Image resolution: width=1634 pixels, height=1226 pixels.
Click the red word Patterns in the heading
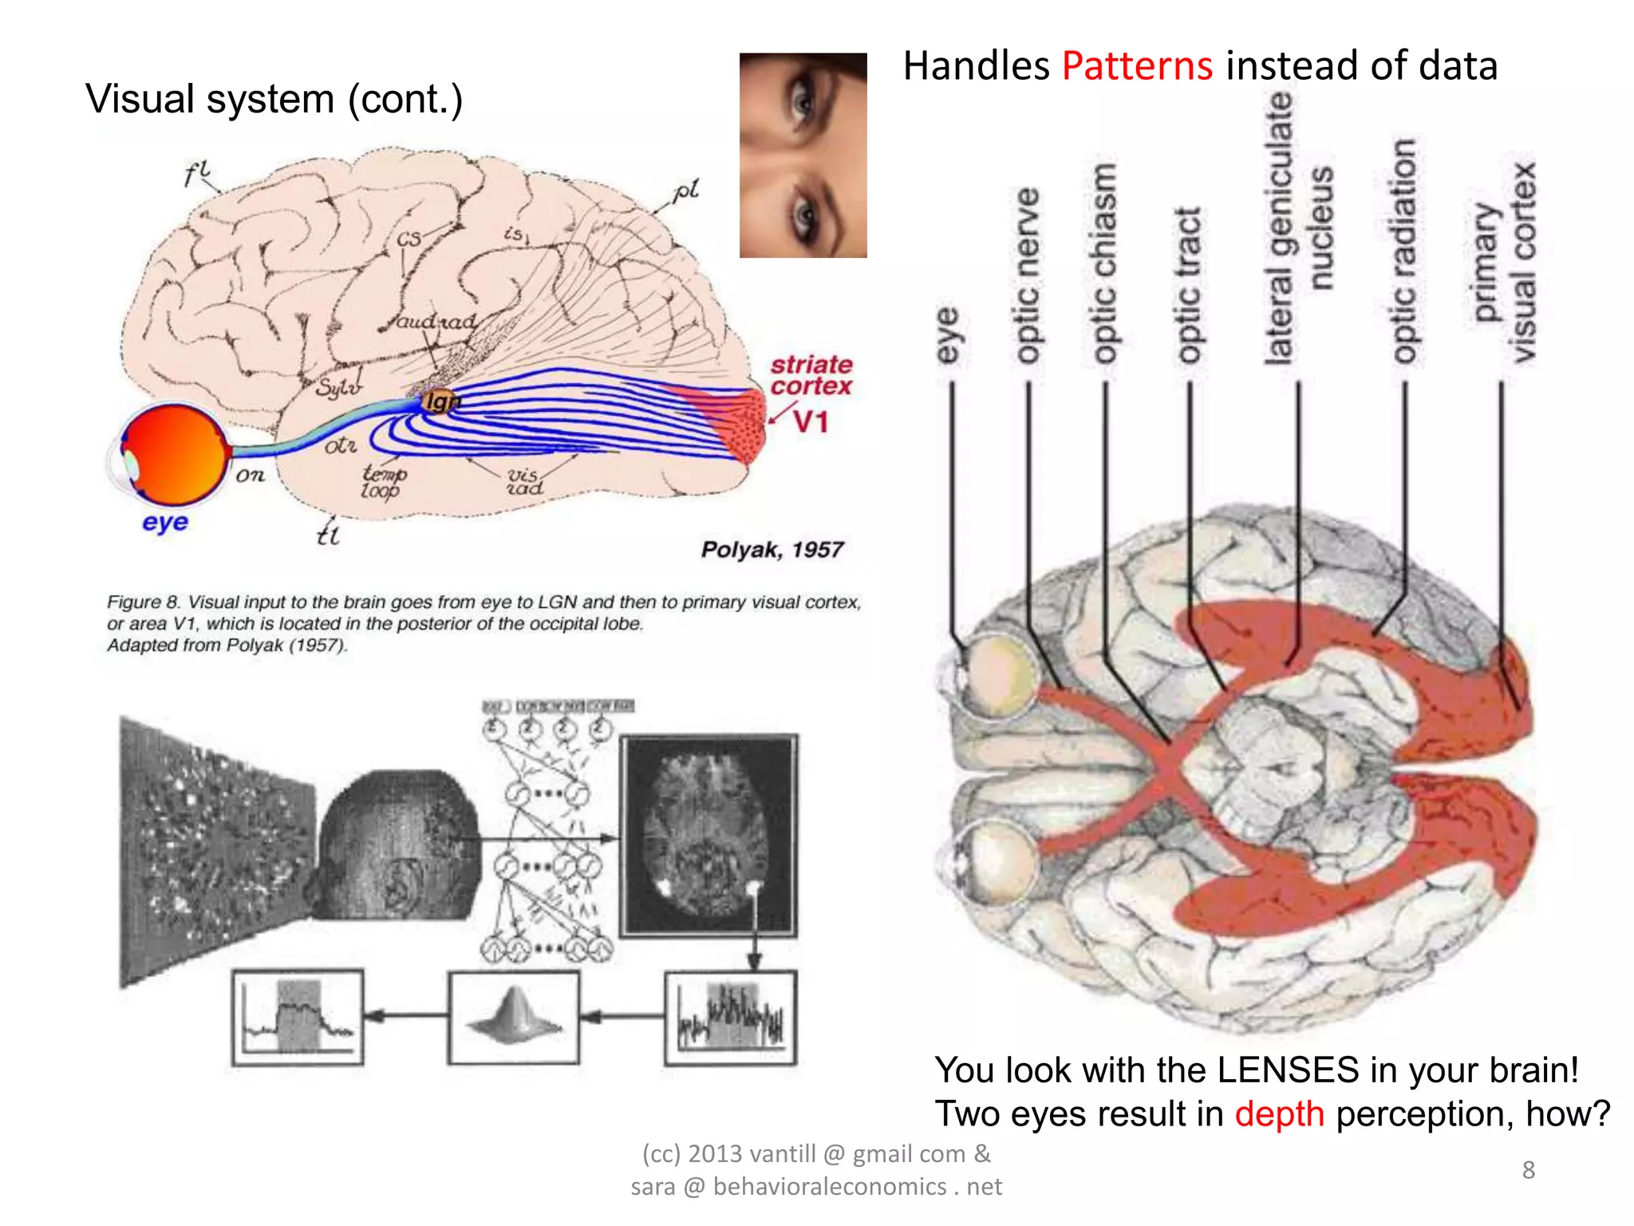point(1136,65)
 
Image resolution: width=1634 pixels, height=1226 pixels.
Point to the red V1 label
point(811,421)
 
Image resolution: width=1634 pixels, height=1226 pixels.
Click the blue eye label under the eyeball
point(165,522)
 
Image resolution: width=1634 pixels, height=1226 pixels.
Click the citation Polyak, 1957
point(772,550)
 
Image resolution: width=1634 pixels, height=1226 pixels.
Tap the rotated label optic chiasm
point(1103,263)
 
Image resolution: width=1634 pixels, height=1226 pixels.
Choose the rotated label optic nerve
point(1027,275)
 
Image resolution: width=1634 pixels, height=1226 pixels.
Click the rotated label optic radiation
point(1403,251)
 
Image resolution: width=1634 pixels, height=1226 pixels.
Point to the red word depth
point(1279,1113)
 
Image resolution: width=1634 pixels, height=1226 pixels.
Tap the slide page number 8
point(1528,1169)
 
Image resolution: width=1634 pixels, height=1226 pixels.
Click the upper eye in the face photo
point(802,102)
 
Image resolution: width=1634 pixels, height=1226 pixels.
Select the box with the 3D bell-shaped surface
point(514,1018)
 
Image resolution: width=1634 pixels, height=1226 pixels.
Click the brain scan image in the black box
point(708,834)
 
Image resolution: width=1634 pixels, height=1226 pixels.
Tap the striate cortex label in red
point(811,375)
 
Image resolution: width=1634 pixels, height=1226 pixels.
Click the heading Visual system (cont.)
point(274,100)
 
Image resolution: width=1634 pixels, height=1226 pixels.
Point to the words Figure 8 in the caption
point(144,602)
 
